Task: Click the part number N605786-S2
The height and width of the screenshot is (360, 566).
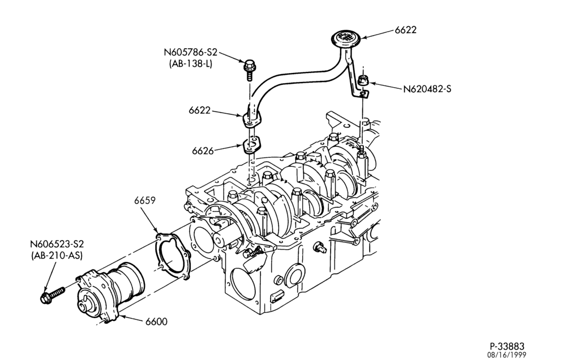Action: click(191, 52)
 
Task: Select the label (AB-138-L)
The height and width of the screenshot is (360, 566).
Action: click(190, 64)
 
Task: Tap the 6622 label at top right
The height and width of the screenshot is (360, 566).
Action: click(405, 30)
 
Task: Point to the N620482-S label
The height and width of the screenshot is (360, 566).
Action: click(427, 88)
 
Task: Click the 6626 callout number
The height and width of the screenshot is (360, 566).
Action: click(203, 151)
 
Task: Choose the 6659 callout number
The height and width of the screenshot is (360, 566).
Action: click(145, 200)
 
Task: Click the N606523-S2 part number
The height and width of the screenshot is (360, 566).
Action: click(57, 244)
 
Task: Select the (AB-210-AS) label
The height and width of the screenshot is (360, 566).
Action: click(57, 255)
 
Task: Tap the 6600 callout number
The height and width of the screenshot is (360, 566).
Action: click(156, 322)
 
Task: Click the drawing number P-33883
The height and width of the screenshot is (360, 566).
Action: click(507, 346)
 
